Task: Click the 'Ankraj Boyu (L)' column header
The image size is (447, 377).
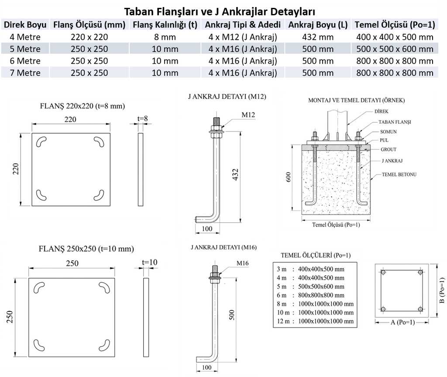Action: [318, 25]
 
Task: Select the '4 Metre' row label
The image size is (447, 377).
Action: [25, 37]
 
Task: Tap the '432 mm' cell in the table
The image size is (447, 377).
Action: [318, 37]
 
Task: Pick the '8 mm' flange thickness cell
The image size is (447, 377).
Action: [165, 37]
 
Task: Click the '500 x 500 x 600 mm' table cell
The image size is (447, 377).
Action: [395, 49]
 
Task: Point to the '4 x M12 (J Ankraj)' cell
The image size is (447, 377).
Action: [243, 37]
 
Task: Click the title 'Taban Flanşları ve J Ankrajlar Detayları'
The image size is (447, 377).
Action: [220, 12]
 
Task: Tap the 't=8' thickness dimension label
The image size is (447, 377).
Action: [143, 118]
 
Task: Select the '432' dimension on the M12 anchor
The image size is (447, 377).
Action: [235, 174]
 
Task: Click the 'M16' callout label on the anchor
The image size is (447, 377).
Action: [243, 263]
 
